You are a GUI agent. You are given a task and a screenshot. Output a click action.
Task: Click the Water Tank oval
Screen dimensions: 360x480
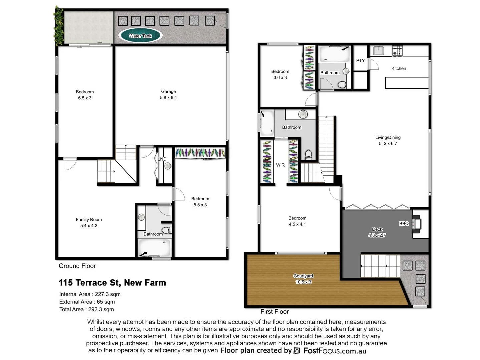(x=140, y=36)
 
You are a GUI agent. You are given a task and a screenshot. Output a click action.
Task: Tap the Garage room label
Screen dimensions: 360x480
(x=168, y=92)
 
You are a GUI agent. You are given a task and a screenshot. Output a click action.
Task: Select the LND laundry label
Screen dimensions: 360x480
(x=162, y=159)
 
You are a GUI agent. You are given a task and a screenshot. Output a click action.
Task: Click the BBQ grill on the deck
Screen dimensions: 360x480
(x=417, y=223)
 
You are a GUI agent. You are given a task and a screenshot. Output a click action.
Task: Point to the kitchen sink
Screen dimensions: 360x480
(x=378, y=51)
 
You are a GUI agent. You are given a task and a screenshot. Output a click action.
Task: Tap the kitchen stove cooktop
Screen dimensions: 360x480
(x=397, y=51)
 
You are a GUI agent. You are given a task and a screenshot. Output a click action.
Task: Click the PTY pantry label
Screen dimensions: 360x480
(x=360, y=60)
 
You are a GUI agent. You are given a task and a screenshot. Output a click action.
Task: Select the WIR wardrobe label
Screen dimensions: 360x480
(x=280, y=165)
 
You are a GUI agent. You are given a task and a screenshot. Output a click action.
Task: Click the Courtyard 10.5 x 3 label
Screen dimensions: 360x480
(x=303, y=279)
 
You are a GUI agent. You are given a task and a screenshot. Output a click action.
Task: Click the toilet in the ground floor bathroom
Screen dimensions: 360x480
(x=166, y=230)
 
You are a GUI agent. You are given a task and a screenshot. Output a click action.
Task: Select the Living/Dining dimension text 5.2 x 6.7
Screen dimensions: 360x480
(x=388, y=144)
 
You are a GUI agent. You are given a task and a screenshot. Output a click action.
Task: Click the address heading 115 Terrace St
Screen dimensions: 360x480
(x=112, y=283)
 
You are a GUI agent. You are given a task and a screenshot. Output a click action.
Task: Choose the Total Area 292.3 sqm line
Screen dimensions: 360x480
(x=86, y=309)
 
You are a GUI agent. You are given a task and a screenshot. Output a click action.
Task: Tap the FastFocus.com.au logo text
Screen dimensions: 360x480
(x=335, y=351)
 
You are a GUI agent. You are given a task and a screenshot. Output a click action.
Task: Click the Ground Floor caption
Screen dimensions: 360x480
(x=77, y=266)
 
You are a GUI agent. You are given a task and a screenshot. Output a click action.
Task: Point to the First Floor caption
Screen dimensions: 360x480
(x=274, y=312)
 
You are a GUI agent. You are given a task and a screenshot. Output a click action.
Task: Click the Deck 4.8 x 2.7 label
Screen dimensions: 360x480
(x=377, y=232)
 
